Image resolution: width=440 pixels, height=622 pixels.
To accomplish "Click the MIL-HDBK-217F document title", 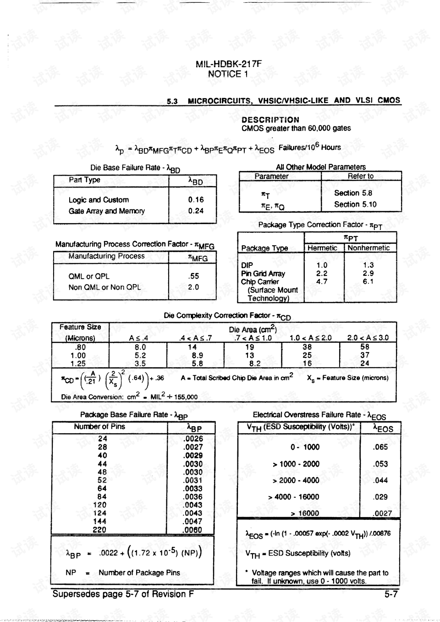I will pyautogui.click(x=229, y=64).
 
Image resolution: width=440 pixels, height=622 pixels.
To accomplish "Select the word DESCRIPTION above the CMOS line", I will pyautogui.click(x=270, y=120).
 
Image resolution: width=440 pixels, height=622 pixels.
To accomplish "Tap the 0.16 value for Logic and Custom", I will pyautogui.click(x=196, y=200).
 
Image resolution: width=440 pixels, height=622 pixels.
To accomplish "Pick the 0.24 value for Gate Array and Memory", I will pyautogui.click(x=196, y=211).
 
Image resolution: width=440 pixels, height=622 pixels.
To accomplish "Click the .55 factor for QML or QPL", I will pyautogui.click(x=194, y=276).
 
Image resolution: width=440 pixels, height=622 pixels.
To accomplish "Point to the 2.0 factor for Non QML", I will pyautogui.click(x=193, y=287).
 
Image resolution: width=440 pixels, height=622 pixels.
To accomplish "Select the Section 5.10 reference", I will pyautogui.click(x=355, y=204).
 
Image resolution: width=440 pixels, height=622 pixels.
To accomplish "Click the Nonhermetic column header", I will pyautogui.click(x=368, y=248).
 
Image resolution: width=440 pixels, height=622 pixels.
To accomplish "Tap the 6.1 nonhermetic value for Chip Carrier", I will pyautogui.click(x=368, y=281).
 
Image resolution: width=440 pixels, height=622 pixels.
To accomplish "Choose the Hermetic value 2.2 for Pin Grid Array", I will pyautogui.click(x=322, y=273).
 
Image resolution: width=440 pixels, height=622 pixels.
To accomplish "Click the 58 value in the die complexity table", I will pyautogui.click(x=365, y=347).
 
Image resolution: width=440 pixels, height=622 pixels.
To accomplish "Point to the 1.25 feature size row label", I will pyautogui.click(x=78, y=363).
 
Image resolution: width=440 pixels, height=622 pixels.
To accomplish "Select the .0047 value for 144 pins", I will pyautogui.click(x=193, y=521).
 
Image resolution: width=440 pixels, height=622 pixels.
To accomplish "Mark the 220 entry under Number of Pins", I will pyautogui.click(x=99, y=529).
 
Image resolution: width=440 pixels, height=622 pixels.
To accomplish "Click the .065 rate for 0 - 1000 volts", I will pyautogui.click(x=380, y=447).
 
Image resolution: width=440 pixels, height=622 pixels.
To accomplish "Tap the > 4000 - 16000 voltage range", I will pyautogui.click(x=294, y=497).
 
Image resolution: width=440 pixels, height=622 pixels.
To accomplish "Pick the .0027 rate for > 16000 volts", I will pyautogui.click(x=382, y=513).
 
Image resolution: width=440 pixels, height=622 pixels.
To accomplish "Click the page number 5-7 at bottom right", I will pyautogui.click(x=391, y=594).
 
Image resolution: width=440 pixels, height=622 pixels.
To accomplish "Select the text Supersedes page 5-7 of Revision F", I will pyautogui.click(x=123, y=594).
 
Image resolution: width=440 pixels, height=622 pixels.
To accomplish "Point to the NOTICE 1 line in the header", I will pyautogui.click(x=228, y=74).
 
